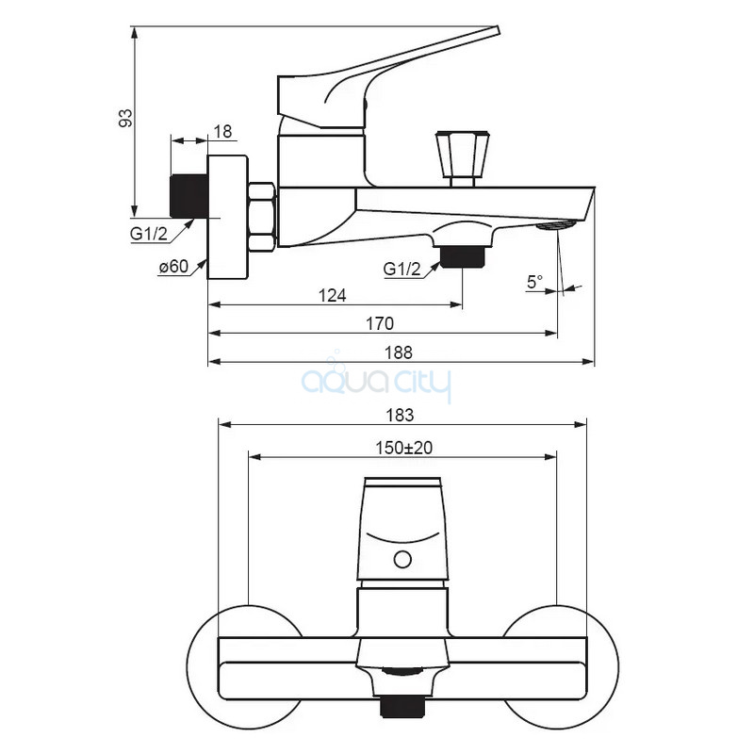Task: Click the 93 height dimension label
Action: tap(125, 119)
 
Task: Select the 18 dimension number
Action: tap(222, 132)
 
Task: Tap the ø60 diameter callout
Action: tap(174, 267)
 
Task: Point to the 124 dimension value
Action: tap(333, 295)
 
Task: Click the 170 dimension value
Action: tap(380, 323)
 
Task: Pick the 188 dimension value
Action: tap(398, 352)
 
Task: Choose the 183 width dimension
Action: tap(400, 415)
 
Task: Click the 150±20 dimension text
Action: tap(404, 448)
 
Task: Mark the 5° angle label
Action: tap(534, 282)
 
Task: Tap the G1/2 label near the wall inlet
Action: tap(149, 234)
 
